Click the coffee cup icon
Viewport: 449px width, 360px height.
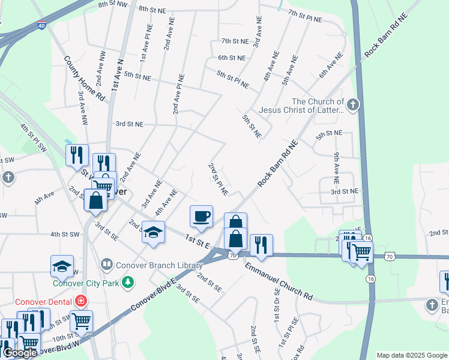[202, 215]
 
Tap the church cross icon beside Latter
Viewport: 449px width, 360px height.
[353, 106]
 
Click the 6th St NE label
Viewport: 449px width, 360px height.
[232, 58]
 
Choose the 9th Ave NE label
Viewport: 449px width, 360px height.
[337, 168]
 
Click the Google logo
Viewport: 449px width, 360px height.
[19, 353]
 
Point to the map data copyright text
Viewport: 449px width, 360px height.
[412, 355]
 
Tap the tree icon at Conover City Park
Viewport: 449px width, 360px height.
[127, 281]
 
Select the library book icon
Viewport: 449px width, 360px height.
[106, 264]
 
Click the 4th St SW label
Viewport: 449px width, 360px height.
[65, 234]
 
